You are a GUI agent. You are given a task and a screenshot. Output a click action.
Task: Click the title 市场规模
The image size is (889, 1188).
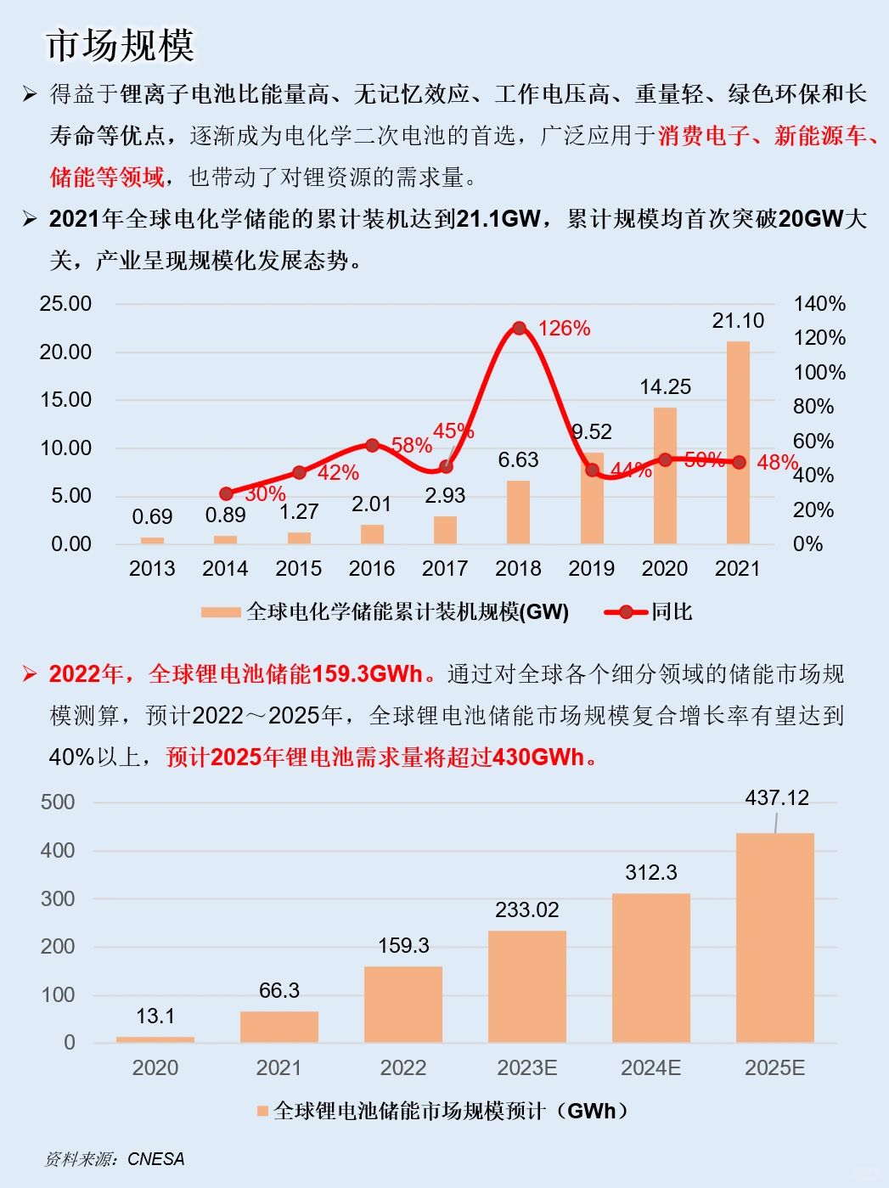coord(120,45)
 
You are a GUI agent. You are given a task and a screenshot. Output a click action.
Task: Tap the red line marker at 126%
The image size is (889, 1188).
coord(519,328)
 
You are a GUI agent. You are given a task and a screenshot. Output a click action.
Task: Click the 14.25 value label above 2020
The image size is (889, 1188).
coord(665,387)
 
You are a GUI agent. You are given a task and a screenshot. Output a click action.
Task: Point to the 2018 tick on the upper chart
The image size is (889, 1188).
coord(518,568)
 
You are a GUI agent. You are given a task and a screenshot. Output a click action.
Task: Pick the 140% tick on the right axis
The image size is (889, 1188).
coord(819,304)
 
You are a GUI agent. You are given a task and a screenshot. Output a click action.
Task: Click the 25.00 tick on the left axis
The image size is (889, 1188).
coord(65,304)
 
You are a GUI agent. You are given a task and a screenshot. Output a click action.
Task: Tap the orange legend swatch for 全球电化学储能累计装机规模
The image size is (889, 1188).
coord(221,612)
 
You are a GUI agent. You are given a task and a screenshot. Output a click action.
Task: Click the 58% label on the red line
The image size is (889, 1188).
coord(411,445)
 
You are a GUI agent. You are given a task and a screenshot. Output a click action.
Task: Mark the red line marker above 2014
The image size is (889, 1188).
coord(226,493)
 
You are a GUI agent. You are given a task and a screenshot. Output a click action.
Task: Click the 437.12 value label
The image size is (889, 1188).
coord(776,798)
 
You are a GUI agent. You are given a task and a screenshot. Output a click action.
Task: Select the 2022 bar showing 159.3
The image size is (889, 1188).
coord(403,1004)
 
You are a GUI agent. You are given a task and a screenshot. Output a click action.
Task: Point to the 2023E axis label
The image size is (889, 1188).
coord(526,1067)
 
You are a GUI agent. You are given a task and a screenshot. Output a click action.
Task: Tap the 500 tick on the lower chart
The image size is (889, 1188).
coord(58,802)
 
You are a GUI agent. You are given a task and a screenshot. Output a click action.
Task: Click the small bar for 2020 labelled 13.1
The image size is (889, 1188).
coord(155,1039)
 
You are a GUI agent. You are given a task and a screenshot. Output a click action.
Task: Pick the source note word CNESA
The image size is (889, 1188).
coord(155,1159)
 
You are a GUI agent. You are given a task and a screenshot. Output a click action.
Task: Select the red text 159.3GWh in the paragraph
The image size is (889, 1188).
coord(367,674)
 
